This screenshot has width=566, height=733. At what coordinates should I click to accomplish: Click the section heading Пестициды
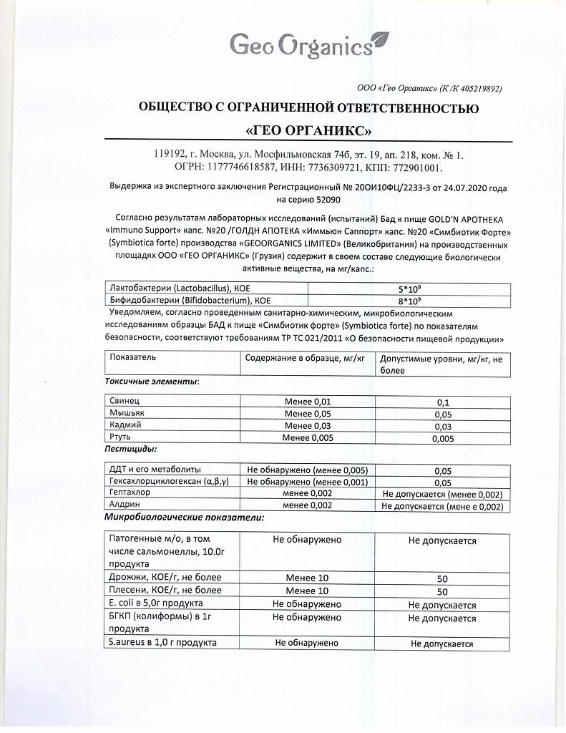pos(130,450)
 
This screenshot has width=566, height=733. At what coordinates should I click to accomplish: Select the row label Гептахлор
pos(131,494)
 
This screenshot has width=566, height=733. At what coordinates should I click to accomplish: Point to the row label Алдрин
pos(124,505)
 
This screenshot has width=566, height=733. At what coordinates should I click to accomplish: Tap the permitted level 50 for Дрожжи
pos(441,578)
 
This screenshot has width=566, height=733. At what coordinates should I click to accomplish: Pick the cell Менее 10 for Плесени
pos(307,591)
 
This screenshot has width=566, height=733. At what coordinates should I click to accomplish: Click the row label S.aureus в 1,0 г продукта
pos(162,643)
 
